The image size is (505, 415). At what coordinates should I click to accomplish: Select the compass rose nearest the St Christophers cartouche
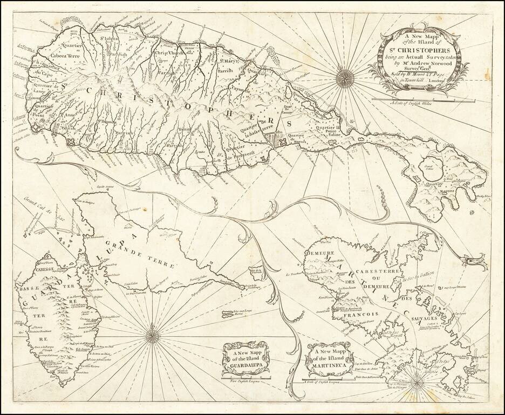click(344, 78)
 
